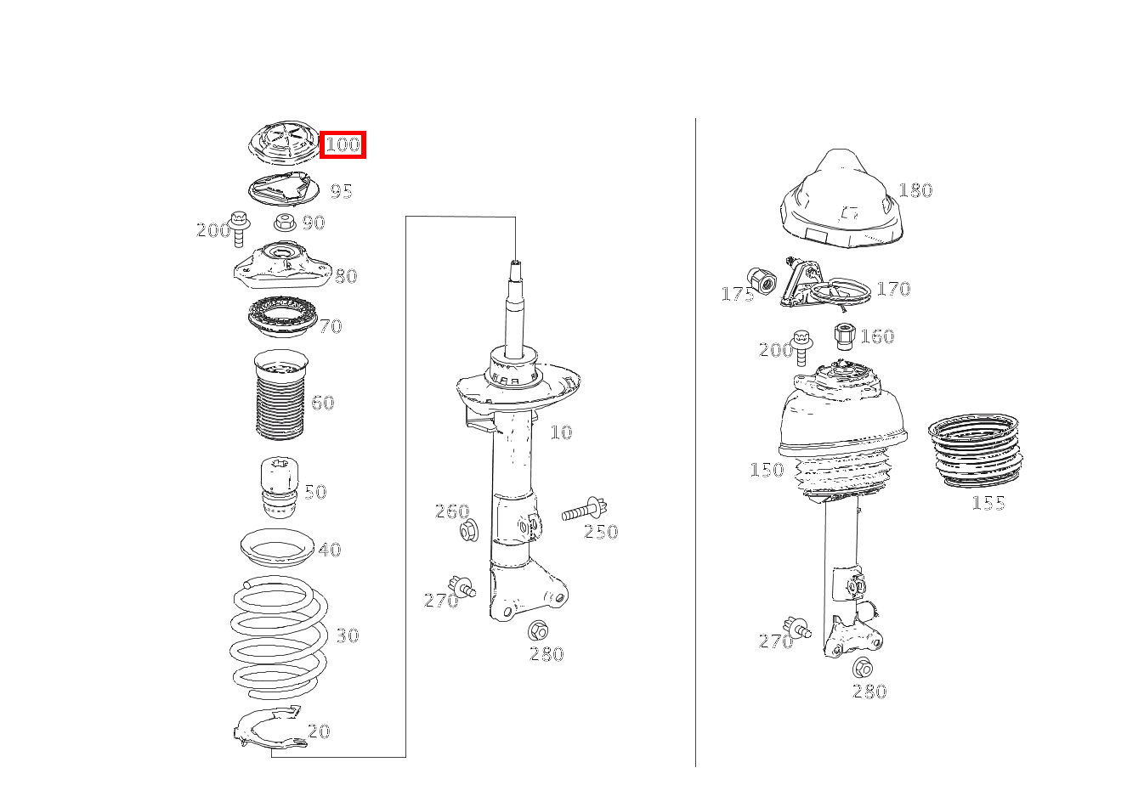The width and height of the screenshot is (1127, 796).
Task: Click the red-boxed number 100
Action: pyautogui.click(x=343, y=144)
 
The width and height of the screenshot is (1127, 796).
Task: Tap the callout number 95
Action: pyautogui.click(x=341, y=191)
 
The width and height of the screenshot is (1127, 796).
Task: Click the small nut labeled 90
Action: pyautogui.click(x=285, y=223)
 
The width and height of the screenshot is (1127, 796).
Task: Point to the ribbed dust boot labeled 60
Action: pyautogui.click(x=280, y=395)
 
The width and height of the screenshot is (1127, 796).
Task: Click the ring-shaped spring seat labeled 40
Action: pyautogui.click(x=277, y=549)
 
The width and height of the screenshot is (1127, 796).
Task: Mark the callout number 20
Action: pyautogui.click(x=319, y=731)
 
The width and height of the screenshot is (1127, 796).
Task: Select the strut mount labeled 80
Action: pyautogui.click(x=283, y=265)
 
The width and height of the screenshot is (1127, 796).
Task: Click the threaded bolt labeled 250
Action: pyautogui.click(x=585, y=509)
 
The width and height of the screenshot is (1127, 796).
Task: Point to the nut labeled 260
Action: pyautogui.click(x=469, y=531)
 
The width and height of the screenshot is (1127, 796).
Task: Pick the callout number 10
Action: pyautogui.click(x=561, y=432)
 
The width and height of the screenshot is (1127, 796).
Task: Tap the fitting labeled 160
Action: pyautogui.click(x=844, y=336)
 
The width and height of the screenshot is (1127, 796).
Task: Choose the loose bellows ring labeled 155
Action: pyautogui.click(x=975, y=450)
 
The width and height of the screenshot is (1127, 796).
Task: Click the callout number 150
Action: pyautogui.click(x=767, y=470)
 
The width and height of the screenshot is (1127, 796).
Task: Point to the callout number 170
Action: pyautogui.click(x=893, y=289)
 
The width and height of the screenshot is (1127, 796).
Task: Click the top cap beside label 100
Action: pyautogui.click(x=284, y=143)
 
